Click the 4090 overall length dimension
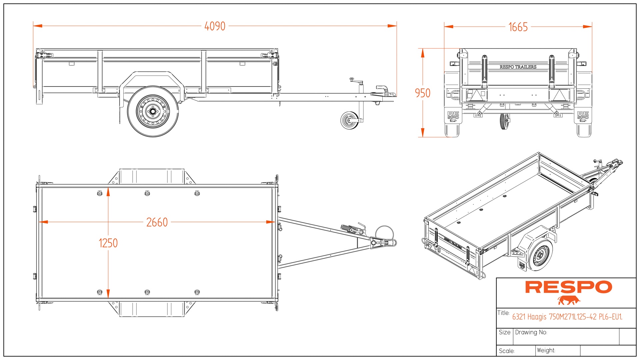tap(215, 26)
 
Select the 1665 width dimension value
tap(518, 27)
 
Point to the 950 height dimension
tap(422, 93)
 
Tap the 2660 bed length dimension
tap(157, 222)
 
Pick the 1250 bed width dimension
tap(108, 243)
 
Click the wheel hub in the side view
tap(153, 111)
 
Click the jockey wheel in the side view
tap(349, 120)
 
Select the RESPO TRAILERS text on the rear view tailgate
tap(518, 67)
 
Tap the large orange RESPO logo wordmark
tap(568, 287)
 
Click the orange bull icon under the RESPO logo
tap(569, 300)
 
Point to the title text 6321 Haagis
tap(567, 317)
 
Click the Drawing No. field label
tap(531, 332)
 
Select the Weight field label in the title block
tap(546, 350)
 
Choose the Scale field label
tap(507, 351)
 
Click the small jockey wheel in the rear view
tap(505, 121)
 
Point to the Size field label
tap(504, 332)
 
